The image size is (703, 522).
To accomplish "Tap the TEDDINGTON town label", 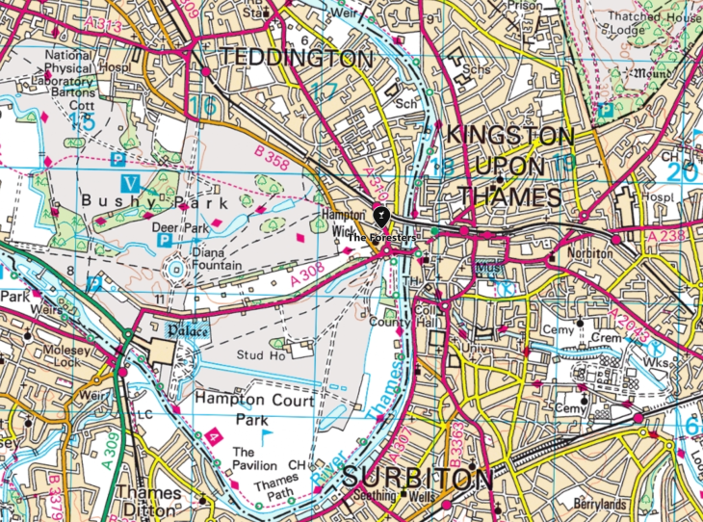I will click(296, 58).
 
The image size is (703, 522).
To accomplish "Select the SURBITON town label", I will click(417, 478).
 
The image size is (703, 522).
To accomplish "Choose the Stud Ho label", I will click(258, 354).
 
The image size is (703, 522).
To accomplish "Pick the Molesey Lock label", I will click(32, 341).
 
